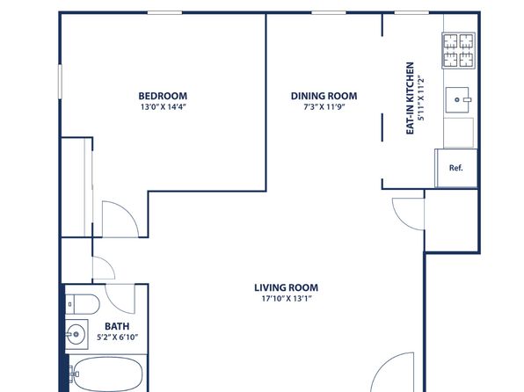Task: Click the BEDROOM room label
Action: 163,96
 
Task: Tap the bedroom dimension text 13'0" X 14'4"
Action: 163,107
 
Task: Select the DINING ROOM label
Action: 324,96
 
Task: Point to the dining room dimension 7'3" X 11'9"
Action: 324,107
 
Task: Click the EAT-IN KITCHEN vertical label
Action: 410,98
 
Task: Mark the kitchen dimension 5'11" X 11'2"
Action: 421,99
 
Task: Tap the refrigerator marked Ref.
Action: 456,168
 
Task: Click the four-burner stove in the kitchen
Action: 459,50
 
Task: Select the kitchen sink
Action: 458,99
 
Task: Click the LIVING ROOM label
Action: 287,287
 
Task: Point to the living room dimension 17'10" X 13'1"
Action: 287,299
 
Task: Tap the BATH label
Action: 117,326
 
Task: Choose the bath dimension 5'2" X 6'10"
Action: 117,338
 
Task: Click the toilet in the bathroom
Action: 83,304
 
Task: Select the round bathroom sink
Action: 76,334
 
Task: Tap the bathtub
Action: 107,374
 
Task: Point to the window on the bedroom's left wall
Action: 60,82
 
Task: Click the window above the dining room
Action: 329,13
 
